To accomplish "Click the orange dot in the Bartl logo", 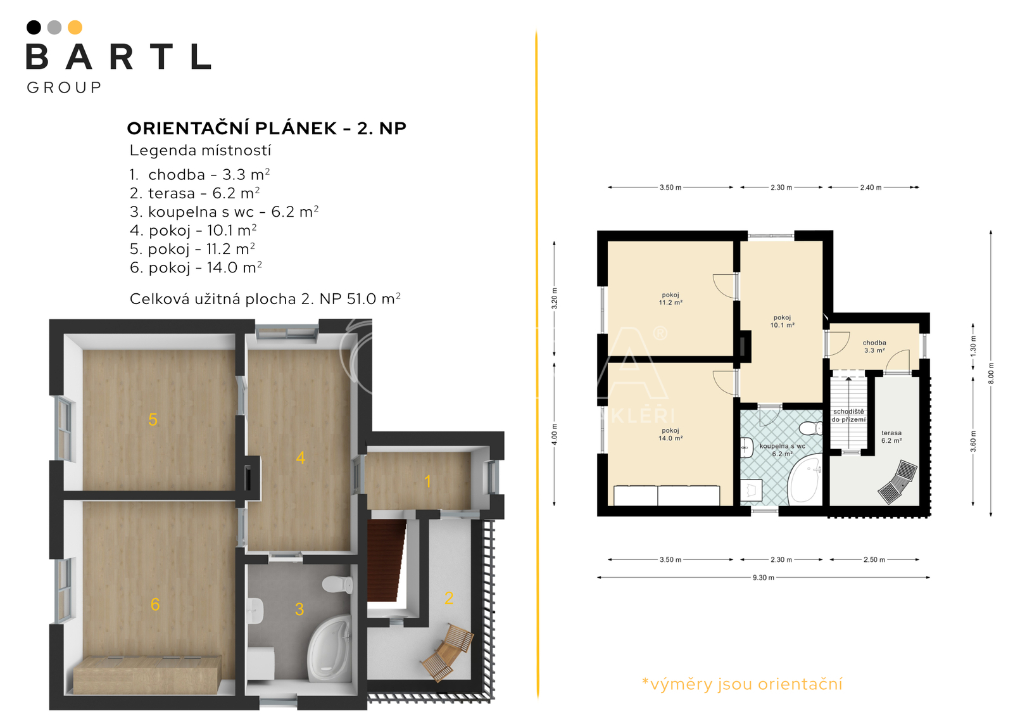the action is tap(75, 28).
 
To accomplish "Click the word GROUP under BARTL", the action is tap(64, 87).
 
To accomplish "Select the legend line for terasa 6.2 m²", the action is tap(194, 193).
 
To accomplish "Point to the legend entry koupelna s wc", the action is tap(224, 212).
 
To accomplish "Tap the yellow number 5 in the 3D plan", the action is tap(153, 419).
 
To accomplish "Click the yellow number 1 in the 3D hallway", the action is tap(427, 481).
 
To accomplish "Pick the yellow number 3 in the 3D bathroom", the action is tap(299, 609).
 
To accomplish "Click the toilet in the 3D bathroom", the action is tap(337, 584).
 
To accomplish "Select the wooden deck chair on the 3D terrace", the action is tap(447, 653).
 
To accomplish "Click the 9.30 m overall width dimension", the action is tap(764, 578).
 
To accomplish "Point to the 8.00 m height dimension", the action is tap(991, 373).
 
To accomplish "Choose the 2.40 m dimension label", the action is tap(871, 188).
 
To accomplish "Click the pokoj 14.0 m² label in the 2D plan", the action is tap(670, 435).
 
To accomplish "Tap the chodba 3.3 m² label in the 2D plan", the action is tap(874, 347).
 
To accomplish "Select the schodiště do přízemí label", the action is tap(848, 416).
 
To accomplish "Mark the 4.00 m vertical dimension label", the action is tap(555, 435).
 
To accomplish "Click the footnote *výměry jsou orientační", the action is tap(742, 684).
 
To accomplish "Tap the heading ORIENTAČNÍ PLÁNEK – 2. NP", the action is tap(267, 128).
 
